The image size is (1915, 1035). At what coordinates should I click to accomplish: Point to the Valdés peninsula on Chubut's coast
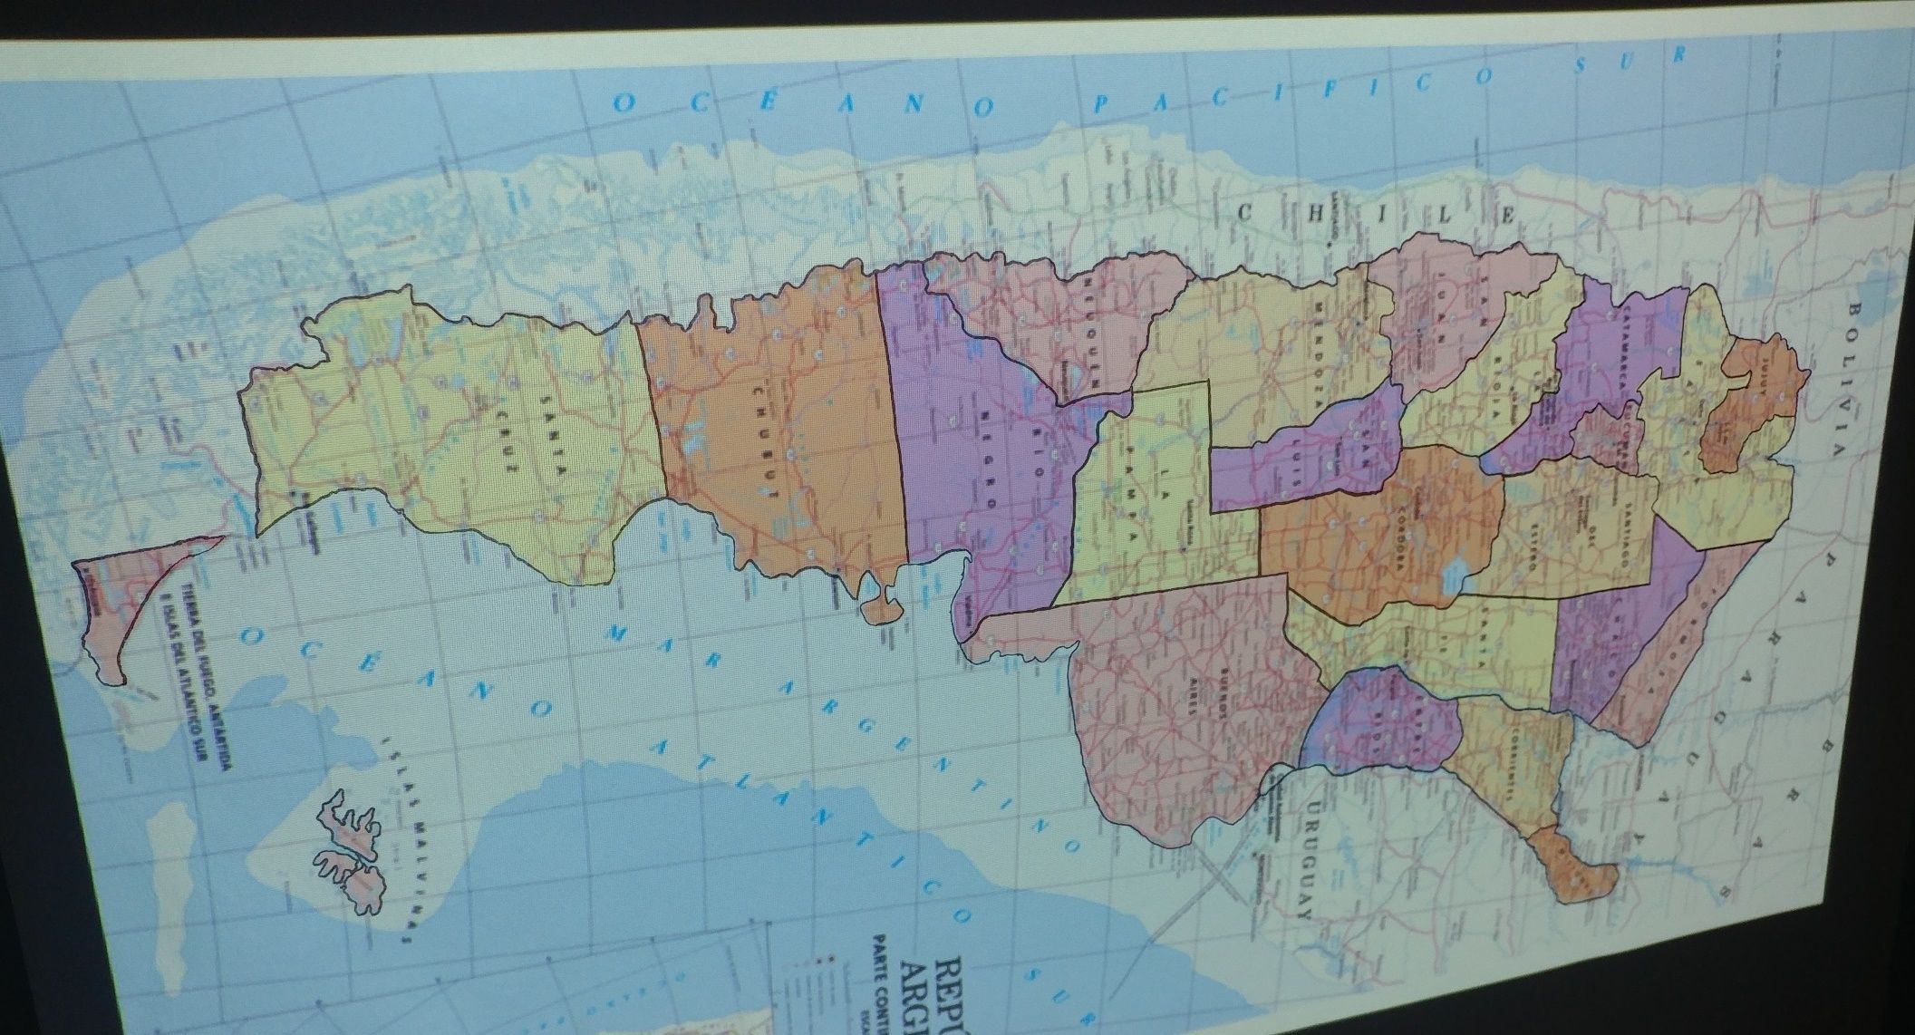(880, 606)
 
